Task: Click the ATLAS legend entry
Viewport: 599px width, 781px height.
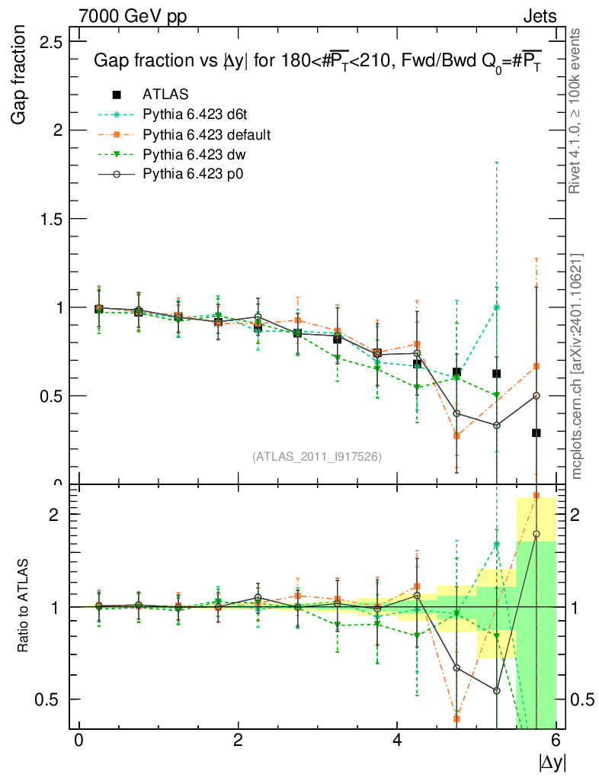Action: point(165,95)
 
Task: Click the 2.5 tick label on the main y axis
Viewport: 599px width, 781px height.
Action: point(50,41)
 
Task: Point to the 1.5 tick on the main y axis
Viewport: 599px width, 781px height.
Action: point(50,219)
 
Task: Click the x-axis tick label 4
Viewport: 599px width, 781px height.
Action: point(397,741)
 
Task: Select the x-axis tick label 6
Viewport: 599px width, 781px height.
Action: point(556,741)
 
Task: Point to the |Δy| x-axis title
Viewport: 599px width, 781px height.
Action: point(552,761)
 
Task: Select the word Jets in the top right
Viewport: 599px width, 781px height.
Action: point(540,16)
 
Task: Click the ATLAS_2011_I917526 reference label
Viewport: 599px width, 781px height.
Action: point(317,456)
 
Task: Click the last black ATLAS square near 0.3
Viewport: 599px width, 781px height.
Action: point(537,432)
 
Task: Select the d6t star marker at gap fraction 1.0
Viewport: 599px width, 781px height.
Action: point(497,307)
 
